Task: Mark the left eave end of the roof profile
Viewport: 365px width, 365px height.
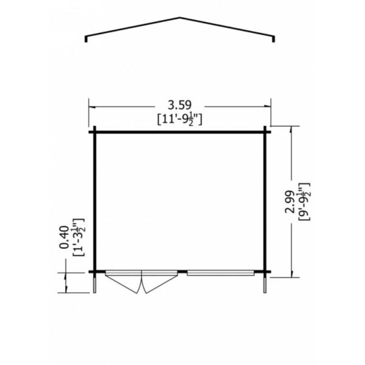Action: click(x=87, y=41)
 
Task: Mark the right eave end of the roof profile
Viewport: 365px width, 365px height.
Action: click(x=274, y=41)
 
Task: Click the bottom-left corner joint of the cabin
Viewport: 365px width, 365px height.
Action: click(x=95, y=271)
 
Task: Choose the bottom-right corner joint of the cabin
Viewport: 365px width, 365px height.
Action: click(x=265, y=271)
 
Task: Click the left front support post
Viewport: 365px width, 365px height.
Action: click(x=95, y=283)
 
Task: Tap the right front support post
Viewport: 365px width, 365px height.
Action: click(x=265, y=283)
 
